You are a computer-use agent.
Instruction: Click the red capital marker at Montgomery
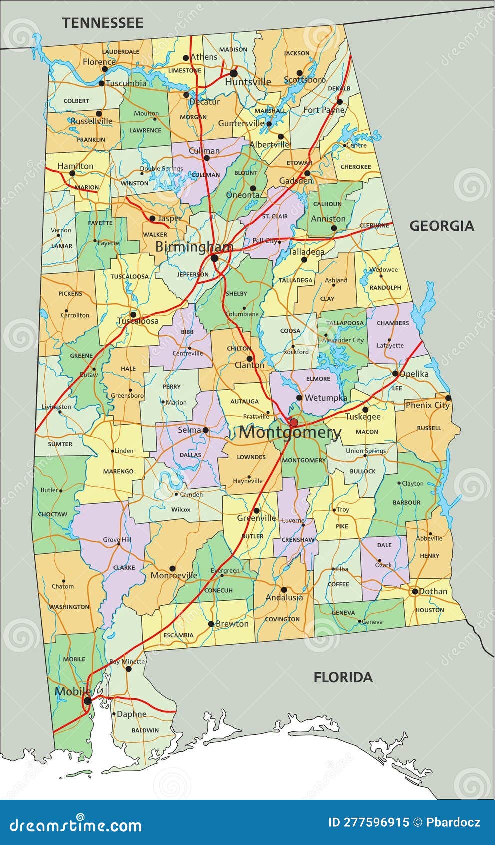(x=294, y=423)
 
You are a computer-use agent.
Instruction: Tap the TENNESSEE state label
(x=102, y=23)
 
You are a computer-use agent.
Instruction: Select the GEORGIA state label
(x=442, y=226)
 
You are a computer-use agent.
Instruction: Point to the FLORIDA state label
(x=343, y=677)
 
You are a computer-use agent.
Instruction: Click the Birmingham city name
(x=194, y=247)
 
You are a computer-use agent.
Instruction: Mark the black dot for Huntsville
(x=233, y=73)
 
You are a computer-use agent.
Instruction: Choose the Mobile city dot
(x=87, y=701)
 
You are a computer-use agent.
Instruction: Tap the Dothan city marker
(x=415, y=591)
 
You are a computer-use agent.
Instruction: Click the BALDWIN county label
(x=145, y=730)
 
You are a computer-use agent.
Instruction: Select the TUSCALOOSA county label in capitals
(x=129, y=276)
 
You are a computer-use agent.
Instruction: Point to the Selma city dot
(x=205, y=430)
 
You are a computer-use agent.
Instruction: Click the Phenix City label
(x=427, y=405)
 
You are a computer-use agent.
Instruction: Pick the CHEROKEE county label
(x=355, y=167)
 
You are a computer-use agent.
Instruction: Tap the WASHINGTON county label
(x=69, y=607)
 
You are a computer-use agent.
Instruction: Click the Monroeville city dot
(x=172, y=569)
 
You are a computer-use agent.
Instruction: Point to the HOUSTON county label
(x=429, y=610)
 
